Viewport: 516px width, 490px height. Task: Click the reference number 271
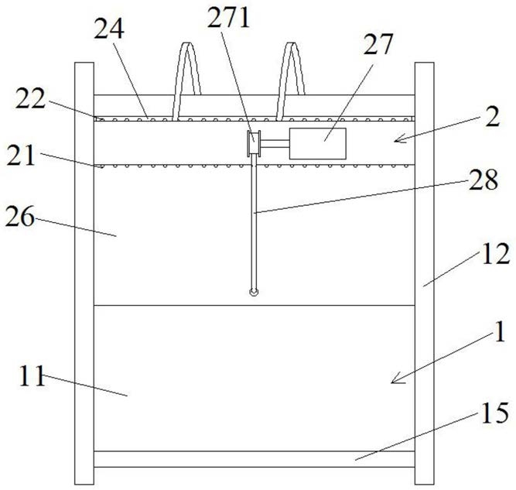(x=229, y=18)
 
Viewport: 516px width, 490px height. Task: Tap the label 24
(x=109, y=29)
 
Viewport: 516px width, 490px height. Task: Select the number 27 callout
(x=378, y=44)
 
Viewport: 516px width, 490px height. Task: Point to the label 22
(x=30, y=98)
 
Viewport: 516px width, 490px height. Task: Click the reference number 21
(x=21, y=156)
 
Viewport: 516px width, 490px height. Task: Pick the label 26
(x=20, y=216)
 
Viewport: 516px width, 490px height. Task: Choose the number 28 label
(x=484, y=180)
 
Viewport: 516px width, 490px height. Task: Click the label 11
(x=32, y=376)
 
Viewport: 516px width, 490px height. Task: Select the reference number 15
(x=495, y=413)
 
